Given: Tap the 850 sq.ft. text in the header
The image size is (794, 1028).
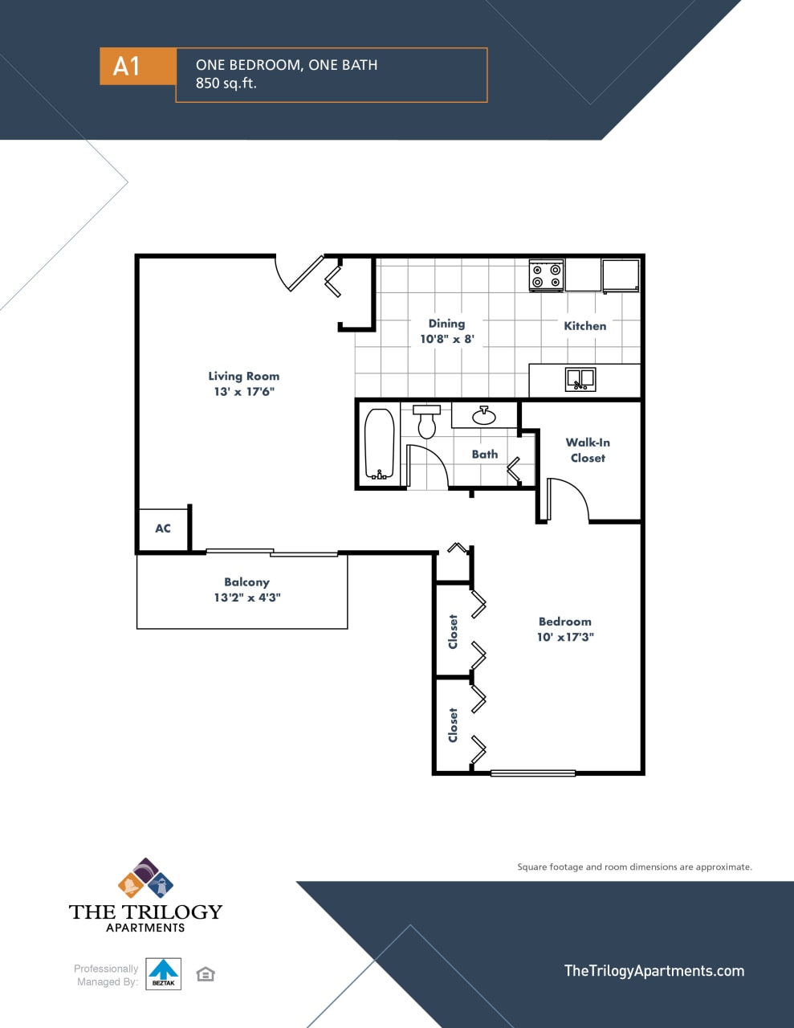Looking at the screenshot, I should pos(226,83).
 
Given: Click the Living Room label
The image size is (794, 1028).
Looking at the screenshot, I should pos(243,376).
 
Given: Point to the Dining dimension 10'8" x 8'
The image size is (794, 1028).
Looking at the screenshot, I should pos(446,339).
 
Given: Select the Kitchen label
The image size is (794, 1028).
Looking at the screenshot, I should pos(584,325).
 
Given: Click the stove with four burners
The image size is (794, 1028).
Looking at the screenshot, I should pos(546,275).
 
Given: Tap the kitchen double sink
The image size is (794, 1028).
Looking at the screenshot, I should pos(580,378).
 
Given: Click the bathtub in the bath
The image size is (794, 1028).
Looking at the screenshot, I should pos(379,444).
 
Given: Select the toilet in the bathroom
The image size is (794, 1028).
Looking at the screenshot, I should pos(426,422).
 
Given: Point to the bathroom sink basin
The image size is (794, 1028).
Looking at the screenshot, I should pos(483,415).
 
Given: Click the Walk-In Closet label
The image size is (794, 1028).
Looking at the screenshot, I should pos(588,450).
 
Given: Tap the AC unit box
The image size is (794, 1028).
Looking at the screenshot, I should pos(163,528).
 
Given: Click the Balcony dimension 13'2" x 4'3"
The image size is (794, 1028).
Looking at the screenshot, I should pos(247,598).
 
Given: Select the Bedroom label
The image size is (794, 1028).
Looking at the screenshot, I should pos(564,621).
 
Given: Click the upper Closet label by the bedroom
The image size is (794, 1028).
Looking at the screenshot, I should pos(453,631).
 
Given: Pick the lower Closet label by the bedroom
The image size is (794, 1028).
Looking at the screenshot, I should pos(453,724).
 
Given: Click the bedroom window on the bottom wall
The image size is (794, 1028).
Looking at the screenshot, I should pos(532,773).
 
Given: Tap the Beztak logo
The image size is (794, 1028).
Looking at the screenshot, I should pos(163,973).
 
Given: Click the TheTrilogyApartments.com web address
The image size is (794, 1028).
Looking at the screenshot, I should pos(654,970).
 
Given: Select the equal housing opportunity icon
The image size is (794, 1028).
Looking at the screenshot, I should pos(206,974).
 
